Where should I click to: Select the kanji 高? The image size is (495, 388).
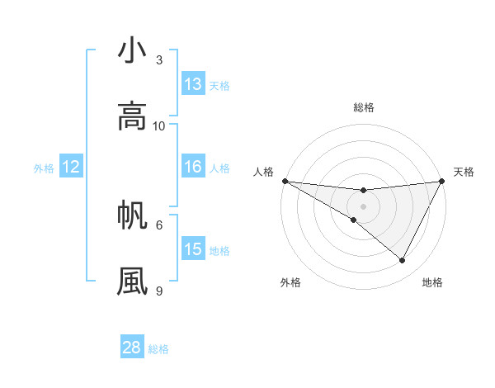(x=132, y=116)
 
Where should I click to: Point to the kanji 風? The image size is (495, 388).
(x=132, y=280)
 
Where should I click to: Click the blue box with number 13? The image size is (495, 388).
(x=193, y=84)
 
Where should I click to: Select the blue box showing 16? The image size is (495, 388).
(x=193, y=167)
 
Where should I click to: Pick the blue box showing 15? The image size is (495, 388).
(x=193, y=249)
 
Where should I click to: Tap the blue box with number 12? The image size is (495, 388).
(x=71, y=167)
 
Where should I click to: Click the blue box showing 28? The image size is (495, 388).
(x=132, y=348)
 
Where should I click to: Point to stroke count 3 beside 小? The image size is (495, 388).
(x=159, y=59)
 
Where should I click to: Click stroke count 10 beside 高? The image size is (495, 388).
(x=159, y=125)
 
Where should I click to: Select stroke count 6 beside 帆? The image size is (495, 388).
(x=159, y=224)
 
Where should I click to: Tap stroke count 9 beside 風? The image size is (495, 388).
(x=159, y=290)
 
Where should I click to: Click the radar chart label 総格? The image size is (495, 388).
(x=364, y=107)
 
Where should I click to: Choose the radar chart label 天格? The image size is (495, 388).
(x=464, y=172)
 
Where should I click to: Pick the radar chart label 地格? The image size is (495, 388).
(x=432, y=282)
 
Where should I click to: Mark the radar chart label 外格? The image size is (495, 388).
(x=290, y=282)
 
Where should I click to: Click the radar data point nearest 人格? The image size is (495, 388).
(x=285, y=181)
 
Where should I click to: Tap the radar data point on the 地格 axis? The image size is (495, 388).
(x=403, y=261)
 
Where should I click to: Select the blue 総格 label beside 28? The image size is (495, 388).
(x=158, y=349)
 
